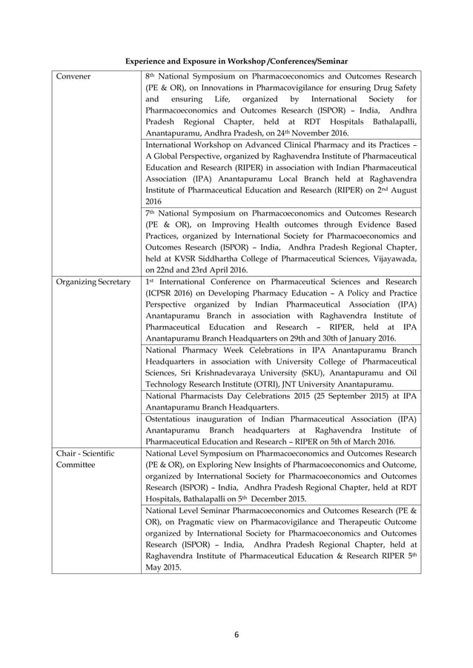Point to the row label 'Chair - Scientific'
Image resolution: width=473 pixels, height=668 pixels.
[x=85, y=452]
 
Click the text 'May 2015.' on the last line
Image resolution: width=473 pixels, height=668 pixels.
[x=163, y=567]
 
